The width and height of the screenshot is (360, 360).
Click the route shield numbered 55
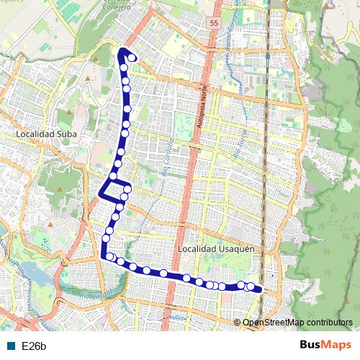(x=214, y=24)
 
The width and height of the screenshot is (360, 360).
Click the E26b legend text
(x=34, y=346)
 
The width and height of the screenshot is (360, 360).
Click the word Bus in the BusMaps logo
(x=311, y=345)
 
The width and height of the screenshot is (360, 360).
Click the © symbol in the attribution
(x=238, y=323)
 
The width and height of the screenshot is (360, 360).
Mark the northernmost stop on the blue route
(x=132, y=58)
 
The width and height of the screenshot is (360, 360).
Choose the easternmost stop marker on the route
(x=251, y=287)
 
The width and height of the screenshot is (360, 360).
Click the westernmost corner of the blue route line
(x=100, y=194)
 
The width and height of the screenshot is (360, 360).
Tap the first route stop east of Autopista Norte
(x=186, y=278)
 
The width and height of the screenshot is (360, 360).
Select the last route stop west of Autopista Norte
(x=164, y=273)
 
